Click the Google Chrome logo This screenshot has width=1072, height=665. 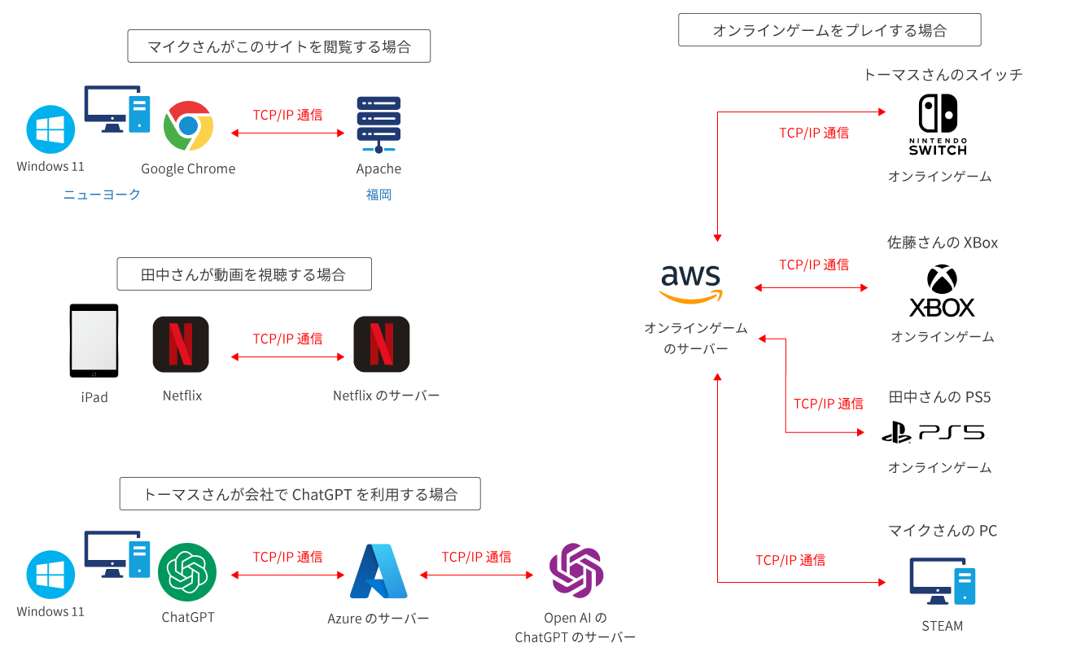tap(188, 126)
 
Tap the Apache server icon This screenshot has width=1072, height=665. tap(378, 125)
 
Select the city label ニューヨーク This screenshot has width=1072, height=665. tap(102, 195)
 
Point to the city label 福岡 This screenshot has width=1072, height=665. tap(378, 195)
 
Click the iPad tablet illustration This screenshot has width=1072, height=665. tap(94, 341)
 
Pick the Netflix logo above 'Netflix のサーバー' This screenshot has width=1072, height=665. tap(382, 344)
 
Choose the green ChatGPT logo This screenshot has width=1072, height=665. tap(187, 572)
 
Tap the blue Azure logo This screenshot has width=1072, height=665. tap(378, 571)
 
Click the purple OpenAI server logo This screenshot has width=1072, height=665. tap(575, 571)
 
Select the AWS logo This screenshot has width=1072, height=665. tap(691, 284)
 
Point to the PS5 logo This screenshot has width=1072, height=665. tap(935, 433)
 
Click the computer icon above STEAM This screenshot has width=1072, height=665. tap(943, 581)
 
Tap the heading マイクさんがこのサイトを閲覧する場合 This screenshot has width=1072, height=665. tap(278, 46)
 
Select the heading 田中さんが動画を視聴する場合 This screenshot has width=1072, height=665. tap(244, 274)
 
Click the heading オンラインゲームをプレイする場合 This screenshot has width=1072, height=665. tap(829, 30)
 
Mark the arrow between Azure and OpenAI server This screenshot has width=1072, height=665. tap(476, 575)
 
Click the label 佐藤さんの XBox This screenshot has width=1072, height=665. tap(942, 243)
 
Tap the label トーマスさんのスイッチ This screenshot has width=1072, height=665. tap(942, 75)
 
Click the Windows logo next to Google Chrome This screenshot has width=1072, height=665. tap(50, 129)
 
